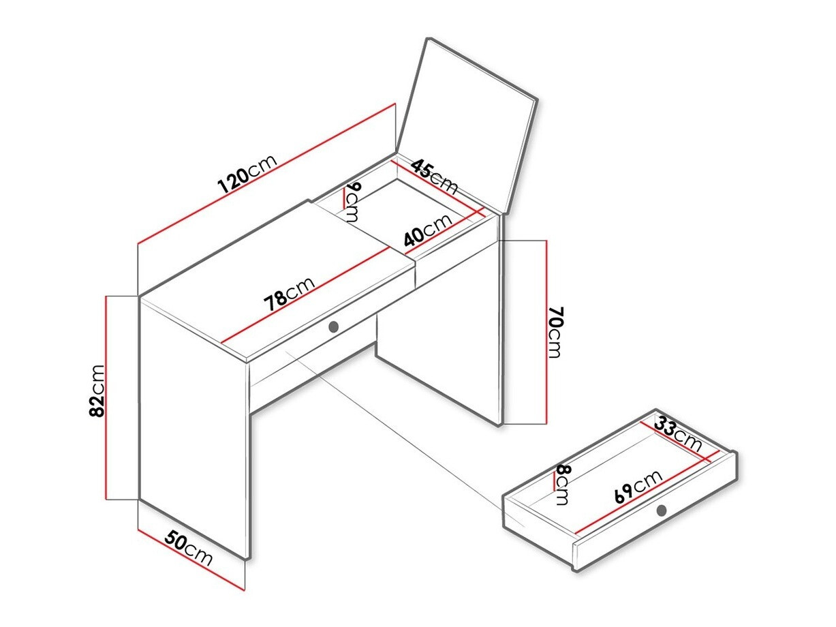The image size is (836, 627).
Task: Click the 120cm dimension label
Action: pos(247,174)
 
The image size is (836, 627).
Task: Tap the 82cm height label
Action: pos(97,391)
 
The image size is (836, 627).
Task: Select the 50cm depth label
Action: pos(189,549)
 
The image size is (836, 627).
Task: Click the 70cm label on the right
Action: pos(555,333)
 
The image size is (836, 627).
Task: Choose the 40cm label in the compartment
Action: pos(427,230)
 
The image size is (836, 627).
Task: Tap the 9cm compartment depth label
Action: pos(352,202)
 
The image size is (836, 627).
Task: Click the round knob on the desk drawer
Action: pos(333,327)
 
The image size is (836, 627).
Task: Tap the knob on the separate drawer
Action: pos(662,510)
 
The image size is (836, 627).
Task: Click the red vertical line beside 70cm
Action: pos(546,332)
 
